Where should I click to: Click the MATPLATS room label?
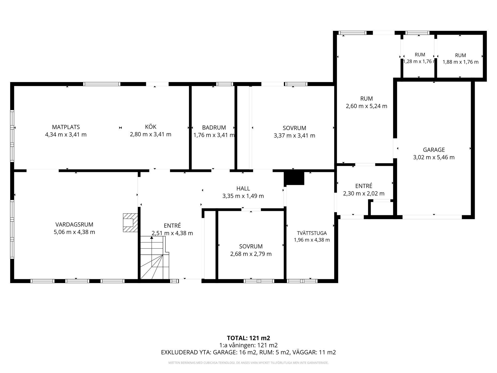pyautogui.click(x=66, y=127)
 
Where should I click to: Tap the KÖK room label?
pyautogui.click(x=151, y=127)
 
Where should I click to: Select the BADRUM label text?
pyautogui.click(x=214, y=128)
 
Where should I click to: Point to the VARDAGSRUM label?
pyautogui.click(x=74, y=225)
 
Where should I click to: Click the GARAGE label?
pyautogui.click(x=434, y=150)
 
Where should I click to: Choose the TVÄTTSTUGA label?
pyautogui.click(x=312, y=233)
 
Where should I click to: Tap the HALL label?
pyautogui.click(x=243, y=189)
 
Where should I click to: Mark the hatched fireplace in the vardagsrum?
pyautogui.click(x=130, y=223)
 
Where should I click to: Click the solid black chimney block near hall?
pyautogui.click(x=294, y=178)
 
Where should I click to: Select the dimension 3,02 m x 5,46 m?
pyautogui.click(x=434, y=157)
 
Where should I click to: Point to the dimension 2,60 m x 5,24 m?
pyautogui.click(x=367, y=106)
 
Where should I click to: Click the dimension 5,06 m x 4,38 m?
pyautogui.click(x=74, y=232)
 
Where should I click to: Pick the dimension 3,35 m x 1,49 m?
pyautogui.click(x=243, y=196)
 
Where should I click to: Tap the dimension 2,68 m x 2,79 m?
pyautogui.click(x=251, y=254)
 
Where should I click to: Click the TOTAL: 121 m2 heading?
pyautogui.click(x=248, y=338)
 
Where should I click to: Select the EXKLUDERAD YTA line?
pyautogui.click(x=248, y=352)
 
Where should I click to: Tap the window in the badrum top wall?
pyautogui.click(x=225, y=84)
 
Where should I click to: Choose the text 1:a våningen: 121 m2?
pyautogui.click(x=248, y=345)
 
